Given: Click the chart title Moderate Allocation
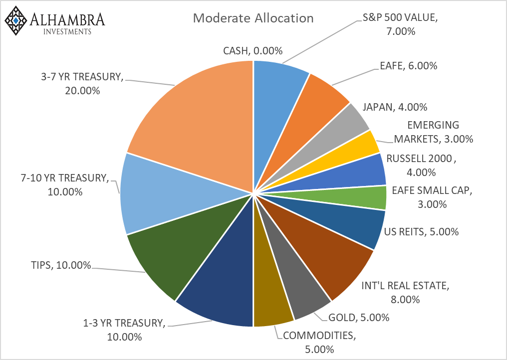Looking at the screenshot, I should [253, 18].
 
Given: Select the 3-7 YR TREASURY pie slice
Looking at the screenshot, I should [200, 115].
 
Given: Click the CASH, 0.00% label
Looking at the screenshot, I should [253, 50].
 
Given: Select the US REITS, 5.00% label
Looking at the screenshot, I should [421, 231].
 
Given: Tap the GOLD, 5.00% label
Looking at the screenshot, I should [359, 317].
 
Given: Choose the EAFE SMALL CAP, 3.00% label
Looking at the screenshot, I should [432, 196].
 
